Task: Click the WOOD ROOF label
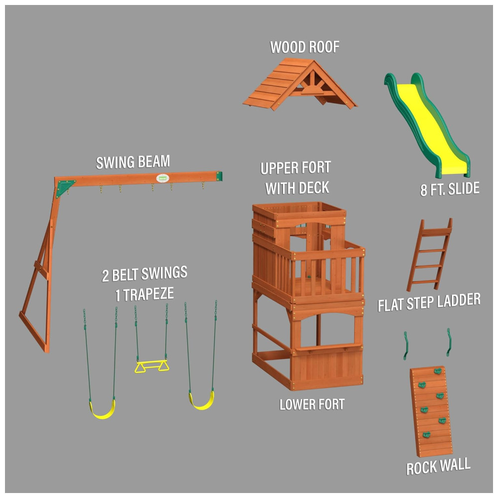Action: tap(305, 47)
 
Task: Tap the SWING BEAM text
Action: tap(133, 162)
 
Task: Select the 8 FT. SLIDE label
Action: tap(450, 189)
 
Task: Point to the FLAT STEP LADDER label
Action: tap(429, 302)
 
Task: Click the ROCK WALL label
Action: tap(438, 467)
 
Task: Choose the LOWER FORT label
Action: tap(312, 404)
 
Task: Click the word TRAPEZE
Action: tap(148, 294)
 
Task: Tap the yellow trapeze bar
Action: tap(152, 366)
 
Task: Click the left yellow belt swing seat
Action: tap(102, 410)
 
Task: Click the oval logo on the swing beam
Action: tap(162, 178)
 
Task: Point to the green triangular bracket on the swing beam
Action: tap(64, 187)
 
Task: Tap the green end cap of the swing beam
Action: tap(219, 176)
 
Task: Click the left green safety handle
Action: tap(405, 346)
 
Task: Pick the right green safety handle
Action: tap(449, 342)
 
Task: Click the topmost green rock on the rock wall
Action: tap(438, 371)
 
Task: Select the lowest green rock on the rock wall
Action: tap(426, 434)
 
